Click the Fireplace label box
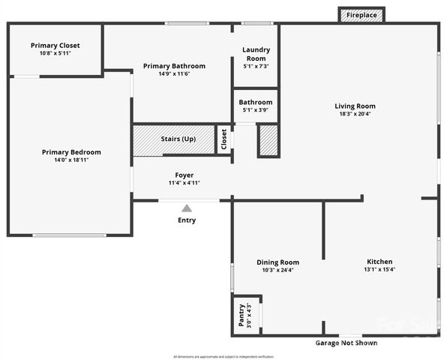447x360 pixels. point(361,15)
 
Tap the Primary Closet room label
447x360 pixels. point(55,46)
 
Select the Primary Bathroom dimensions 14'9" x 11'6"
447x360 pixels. point(174,74)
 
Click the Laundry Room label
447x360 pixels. point(256,54)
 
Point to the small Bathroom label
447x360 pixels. point(256,102)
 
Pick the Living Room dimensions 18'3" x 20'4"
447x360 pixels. point(355,114)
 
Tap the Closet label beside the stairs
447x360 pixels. point(223,139)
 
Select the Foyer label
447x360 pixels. point(184,175)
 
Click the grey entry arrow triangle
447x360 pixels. point(187,208)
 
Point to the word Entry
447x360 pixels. point(187,220)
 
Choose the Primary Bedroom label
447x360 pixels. point(71,152)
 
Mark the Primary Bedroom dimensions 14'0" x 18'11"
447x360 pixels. point(71,160)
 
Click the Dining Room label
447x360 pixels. point(278,262)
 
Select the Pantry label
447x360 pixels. point(241,315)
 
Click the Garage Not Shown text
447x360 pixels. point(346,343)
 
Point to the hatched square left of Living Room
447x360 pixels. point(268,140)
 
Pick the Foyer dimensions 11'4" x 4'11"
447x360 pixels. point(184,182)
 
